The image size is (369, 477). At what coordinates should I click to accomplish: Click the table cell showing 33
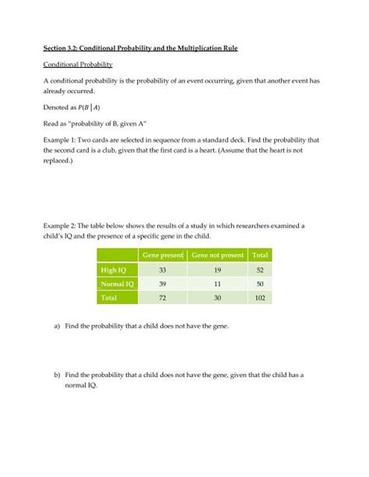[162, 270]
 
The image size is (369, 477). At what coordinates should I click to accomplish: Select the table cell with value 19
[217, 270]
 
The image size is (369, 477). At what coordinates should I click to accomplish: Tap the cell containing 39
[162, 284]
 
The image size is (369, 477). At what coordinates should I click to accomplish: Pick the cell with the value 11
[217, 284]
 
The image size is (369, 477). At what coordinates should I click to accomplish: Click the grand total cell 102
[259, 298]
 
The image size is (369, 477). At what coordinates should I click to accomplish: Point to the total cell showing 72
[162, 298]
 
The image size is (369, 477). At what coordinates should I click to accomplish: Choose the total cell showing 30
[217, 298]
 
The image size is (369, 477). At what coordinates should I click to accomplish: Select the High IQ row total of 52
[259, 270]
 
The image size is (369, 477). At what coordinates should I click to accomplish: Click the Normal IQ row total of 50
[259, 284]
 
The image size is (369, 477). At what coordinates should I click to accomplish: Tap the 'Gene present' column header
[162, 255]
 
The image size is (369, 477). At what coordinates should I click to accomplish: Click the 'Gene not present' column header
[217, 255]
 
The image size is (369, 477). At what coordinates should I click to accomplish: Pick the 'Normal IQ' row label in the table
[115, 284]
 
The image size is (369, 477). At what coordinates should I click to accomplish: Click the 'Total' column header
[259, 255]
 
